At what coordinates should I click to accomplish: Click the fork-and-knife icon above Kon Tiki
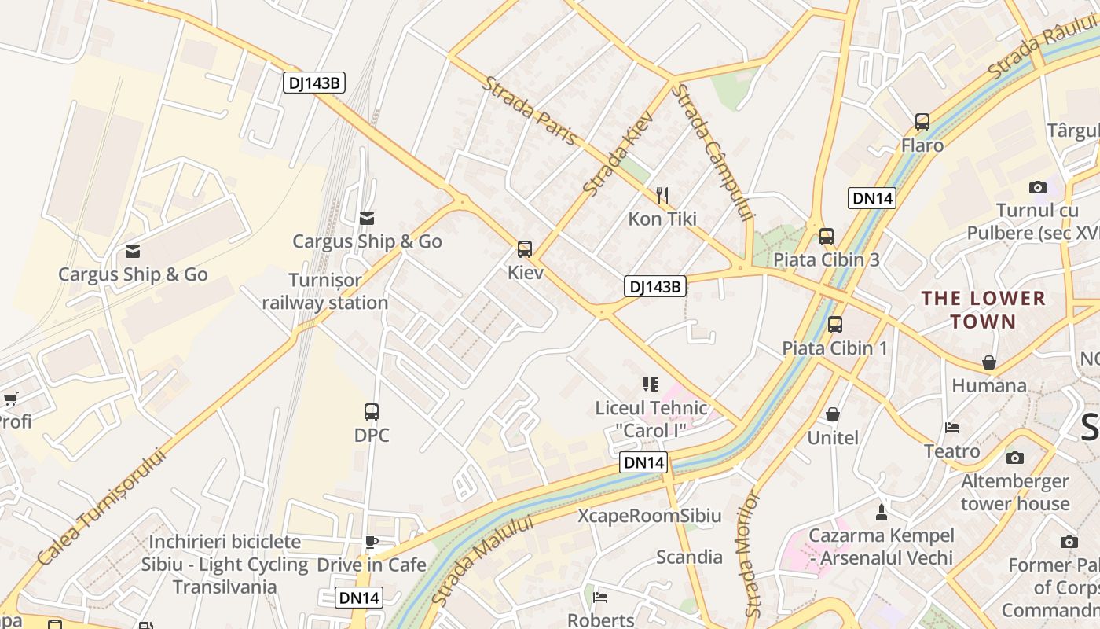[662, 194]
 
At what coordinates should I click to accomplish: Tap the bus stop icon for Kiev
[525, 249]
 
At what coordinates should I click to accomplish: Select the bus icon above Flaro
[922, 122]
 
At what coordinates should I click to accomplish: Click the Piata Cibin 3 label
[826, 259]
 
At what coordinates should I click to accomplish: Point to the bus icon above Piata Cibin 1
[835, 324]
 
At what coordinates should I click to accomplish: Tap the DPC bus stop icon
[372, 411]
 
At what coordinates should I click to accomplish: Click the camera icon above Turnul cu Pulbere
[1038, 187]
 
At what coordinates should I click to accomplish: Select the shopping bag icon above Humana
[989, 362]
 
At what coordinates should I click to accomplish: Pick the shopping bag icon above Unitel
[833, 414]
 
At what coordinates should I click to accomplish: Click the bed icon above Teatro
[952, 428]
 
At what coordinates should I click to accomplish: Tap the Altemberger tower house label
[1015, 492]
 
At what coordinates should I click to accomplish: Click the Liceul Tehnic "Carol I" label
[651, 419]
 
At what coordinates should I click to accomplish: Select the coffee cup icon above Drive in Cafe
[372, 542]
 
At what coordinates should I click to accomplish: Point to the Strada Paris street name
[530, 111]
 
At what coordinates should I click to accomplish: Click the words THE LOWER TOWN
[983, 310]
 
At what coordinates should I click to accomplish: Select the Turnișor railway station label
[325, 291]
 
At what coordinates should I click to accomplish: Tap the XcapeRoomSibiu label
[649, 516]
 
